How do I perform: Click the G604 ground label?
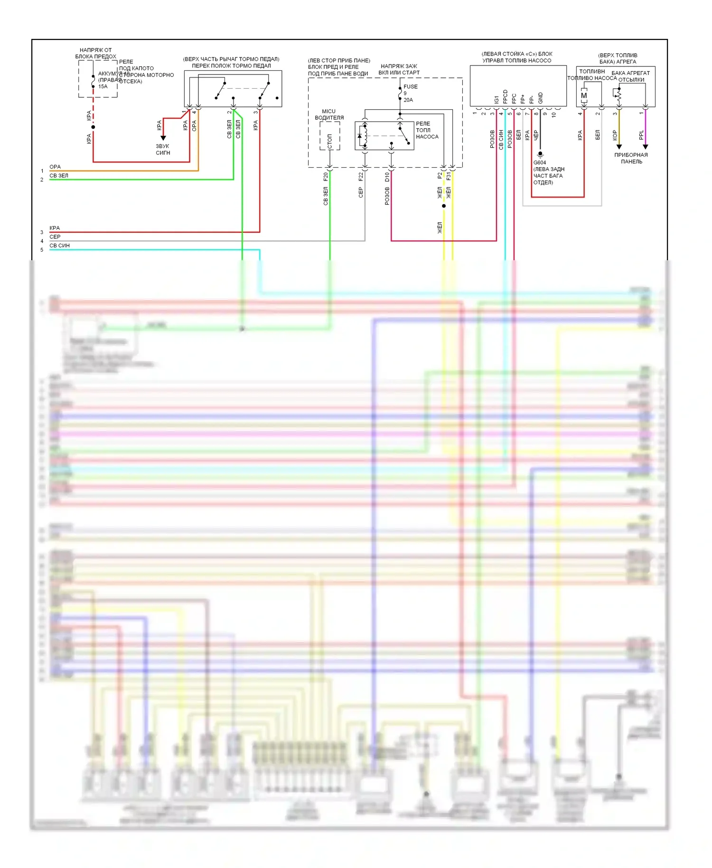click(x=540, y=162)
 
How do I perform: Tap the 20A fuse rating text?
click(x=408, y=100)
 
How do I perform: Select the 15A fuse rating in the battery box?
click(x=103, y=87)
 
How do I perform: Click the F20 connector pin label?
click(x=326, y=177)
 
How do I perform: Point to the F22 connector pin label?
click(x=361, y=177)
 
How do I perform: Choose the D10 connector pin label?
click(x=387, y=177)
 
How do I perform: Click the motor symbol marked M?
click(x=584, y=95)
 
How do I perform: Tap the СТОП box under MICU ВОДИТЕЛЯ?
click(x=330, y=141)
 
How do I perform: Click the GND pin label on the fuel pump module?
click(x=540, y=98)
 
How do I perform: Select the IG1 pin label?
click(x=497, y=100)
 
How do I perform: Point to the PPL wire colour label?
click(x=641, y=135)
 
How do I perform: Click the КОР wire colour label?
click(x=615, y=135)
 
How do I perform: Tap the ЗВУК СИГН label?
click(x=163, y=150)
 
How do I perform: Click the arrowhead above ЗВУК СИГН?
click(x=163, y=138)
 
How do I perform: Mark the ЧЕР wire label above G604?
click(x=536, y=135)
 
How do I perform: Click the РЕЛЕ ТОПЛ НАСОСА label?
click(x=427, y=130)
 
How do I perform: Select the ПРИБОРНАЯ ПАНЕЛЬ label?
click(x=631, y=158)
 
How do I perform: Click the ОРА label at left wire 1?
click(x=55, y=167)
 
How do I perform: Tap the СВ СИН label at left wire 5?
click(x=59, y=245)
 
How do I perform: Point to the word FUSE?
click(x=411, y=87)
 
